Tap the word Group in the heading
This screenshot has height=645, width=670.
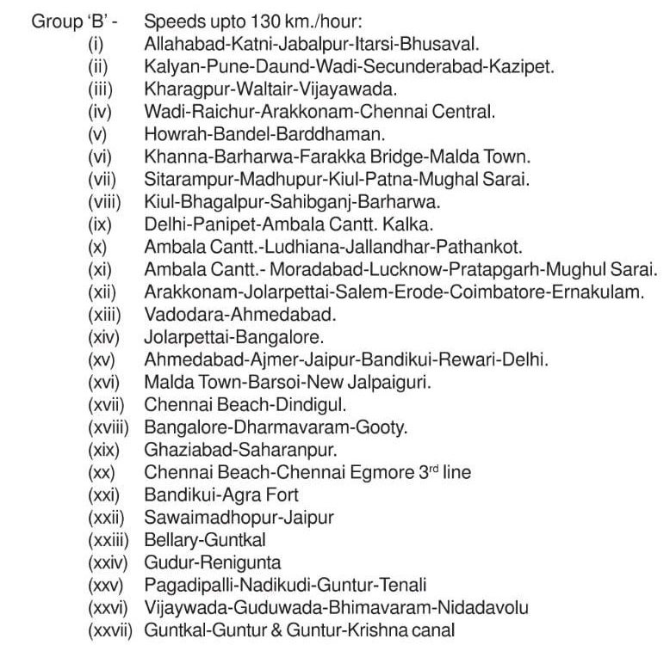pos(53,20)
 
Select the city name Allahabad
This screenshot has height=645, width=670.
pos(180,42)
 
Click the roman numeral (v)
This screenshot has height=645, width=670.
pos(99,132)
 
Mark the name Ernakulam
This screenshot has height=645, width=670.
pos(599,292)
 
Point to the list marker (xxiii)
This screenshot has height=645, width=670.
pos(109,539)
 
